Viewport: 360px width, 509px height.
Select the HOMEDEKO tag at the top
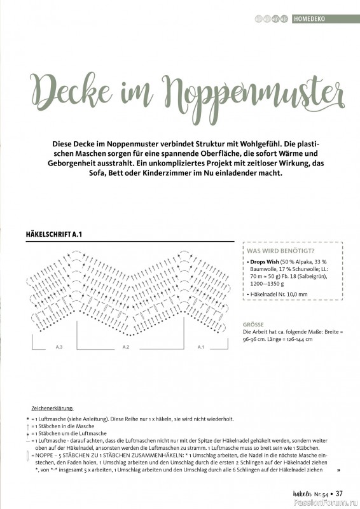click(310, 19)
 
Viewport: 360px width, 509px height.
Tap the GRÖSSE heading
click(253, 324)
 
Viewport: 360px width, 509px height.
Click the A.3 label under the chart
click(59, 347)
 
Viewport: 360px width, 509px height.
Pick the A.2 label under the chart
click(125, 347)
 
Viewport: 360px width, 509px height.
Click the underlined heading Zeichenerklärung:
click(52, 408)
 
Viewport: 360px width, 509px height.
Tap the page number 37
click(340, 493)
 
